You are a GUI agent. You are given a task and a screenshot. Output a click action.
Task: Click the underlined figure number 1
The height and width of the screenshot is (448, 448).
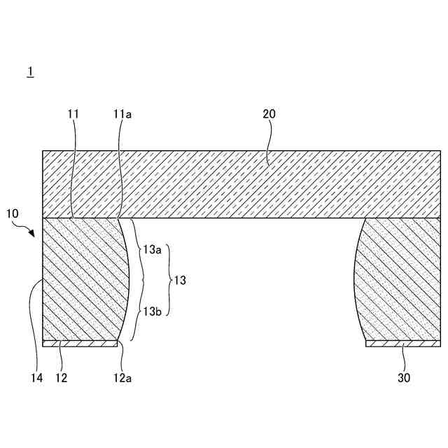point(30,71)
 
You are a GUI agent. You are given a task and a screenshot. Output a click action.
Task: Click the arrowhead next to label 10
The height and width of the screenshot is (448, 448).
point(32,235)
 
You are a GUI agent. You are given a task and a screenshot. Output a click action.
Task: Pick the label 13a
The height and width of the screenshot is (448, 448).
point(152,250)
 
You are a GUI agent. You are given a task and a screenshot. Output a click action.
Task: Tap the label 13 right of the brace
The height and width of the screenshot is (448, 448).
point(181,280)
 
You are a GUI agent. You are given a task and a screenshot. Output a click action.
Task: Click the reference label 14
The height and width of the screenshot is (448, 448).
point(36,378)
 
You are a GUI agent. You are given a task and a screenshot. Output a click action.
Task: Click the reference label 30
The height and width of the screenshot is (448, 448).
point(404,378)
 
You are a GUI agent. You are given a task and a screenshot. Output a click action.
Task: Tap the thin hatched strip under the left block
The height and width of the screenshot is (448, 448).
point(80,344)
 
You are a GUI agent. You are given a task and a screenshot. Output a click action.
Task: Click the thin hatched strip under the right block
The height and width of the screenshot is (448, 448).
point(402,344)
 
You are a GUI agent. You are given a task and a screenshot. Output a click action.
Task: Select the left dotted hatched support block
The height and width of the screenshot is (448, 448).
point(80,280)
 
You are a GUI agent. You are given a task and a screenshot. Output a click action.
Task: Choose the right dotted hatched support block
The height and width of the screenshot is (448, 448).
point(399,280)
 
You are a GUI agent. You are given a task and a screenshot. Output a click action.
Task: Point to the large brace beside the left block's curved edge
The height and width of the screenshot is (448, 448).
point(140,280)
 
